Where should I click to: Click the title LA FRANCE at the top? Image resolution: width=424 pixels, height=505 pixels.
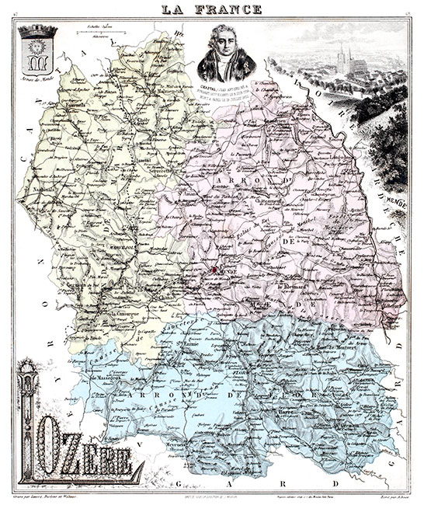point(211,9)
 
